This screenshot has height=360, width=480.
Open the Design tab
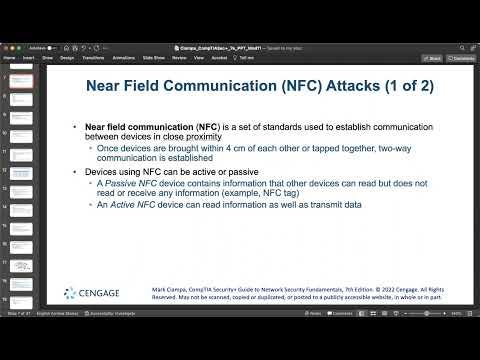coord(67,58)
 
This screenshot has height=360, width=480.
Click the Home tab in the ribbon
coord(10,58)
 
